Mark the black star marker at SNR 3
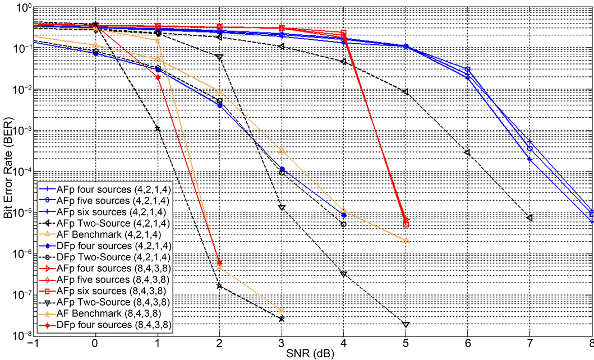pyautogui.click(x=282, y=319)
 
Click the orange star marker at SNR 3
pyautogui.click(x=282, y=310)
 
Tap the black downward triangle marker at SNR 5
pyautogui.click(x=406, y=324)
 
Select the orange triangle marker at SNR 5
pyautogui.click(x=406, y=241)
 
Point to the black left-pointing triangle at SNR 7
pyautogui.click(x=529, y=218)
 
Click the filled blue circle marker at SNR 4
pyautogui.click(x=343, y=215)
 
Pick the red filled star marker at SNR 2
pyautogui.click(x=220, y=262)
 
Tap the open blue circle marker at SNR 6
pyautogui.click(x=468, y=70)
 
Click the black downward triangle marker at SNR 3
pyautogui.click(x=282, y=207)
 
